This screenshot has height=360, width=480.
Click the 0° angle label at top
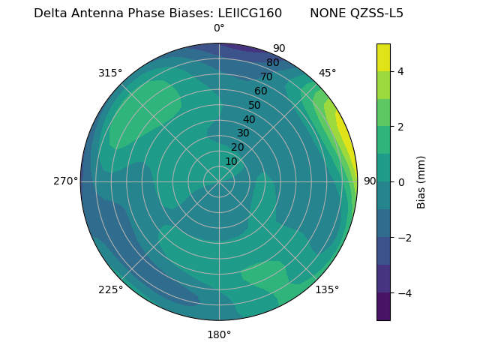click(219, 28)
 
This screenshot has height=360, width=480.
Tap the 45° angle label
click(327, 73)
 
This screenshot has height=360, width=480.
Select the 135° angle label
click(327, 289)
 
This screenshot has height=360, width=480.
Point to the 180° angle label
click(219, 334)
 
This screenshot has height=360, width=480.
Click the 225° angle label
click(110, 289)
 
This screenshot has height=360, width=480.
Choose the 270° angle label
click(65, 181)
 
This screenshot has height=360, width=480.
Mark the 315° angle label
click(110, 73)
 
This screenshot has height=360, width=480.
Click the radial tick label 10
click(231, 161)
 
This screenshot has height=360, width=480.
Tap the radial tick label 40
click(249, 120)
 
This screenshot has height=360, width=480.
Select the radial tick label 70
click(266, 76)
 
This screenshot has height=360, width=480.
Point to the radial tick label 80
click(272, 63)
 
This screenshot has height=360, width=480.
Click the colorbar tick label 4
click(400, 71)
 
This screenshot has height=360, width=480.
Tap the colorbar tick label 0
click(400, 182)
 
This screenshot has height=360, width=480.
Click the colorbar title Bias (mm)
click(421, 182)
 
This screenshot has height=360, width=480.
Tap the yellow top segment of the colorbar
click(383, 58)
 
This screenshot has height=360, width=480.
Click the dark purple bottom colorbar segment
click(383, 307)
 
